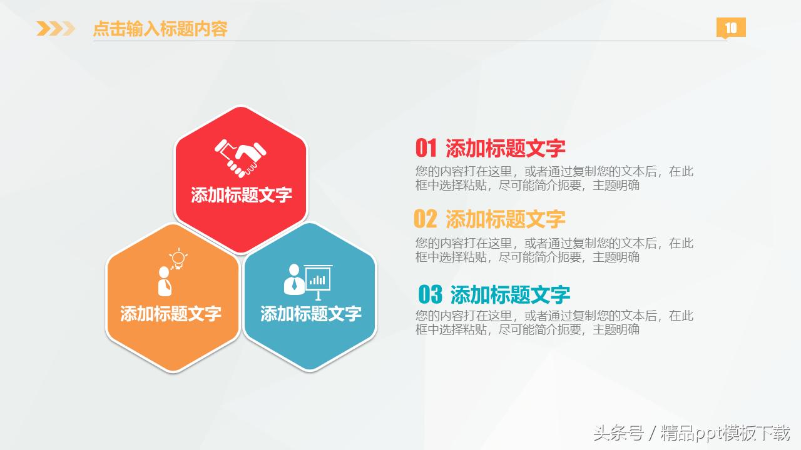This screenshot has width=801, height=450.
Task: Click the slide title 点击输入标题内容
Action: click(160, 29)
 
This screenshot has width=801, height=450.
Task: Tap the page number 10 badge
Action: click(731, 27)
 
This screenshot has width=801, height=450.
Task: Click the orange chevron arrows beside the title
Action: click(55, 29)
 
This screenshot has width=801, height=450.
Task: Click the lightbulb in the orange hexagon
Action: click(179, 258)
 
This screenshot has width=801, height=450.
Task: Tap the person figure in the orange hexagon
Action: click(165, 282)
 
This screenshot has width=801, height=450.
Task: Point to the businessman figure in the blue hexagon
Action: click(293, 279)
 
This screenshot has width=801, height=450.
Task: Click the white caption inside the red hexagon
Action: click(242, 195)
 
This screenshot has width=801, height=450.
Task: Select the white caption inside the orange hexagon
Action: click(171, 313)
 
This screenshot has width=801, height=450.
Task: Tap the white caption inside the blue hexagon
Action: click(311, 313)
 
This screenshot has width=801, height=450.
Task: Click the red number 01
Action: click(426, 148)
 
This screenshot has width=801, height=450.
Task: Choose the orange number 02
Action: click(426, 219)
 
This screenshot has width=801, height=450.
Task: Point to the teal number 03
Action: click(430, 294)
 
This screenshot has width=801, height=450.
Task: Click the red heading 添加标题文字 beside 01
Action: click(506, 148)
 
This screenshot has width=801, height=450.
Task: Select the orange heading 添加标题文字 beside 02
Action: click(506, 219)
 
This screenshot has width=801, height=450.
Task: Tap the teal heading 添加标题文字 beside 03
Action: click(510, 294)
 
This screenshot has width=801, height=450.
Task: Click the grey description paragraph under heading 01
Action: click(554, 178)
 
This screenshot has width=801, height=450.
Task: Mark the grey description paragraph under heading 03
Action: click(554, 322)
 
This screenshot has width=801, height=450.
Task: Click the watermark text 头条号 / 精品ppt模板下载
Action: click(691, 432)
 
